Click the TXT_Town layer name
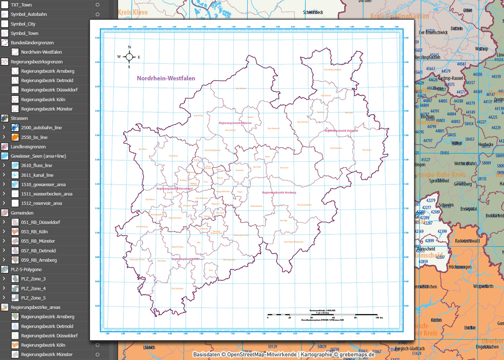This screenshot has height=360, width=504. pos(21,5)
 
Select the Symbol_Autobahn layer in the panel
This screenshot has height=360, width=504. pos(29,14)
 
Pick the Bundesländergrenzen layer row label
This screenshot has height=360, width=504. pos(32,43)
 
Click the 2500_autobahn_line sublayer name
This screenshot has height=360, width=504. pos(41,128)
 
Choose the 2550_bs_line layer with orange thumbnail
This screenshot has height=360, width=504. pos(34,138)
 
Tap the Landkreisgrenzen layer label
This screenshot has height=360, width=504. pos(28,147)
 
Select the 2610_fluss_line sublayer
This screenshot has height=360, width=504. pos(36,166)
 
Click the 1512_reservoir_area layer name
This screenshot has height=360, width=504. pos(41,203)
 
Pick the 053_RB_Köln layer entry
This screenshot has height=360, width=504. pos(34,232)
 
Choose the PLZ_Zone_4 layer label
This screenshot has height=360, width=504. pos(33,288)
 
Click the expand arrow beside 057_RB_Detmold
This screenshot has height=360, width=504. pos(4,251)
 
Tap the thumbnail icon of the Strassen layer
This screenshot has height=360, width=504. pos(5,118)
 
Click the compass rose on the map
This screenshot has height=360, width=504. pos(129,57)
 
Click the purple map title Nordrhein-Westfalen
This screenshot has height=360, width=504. pos(166,78)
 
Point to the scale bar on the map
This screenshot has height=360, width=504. pos(322,315)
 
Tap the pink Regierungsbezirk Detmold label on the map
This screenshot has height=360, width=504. pos(341,131)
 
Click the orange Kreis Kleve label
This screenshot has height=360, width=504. pos(133,13)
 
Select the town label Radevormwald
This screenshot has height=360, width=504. pos(467,241)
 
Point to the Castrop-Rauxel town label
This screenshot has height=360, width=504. pos(451,78)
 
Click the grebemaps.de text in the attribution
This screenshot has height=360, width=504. pos(357,355)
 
